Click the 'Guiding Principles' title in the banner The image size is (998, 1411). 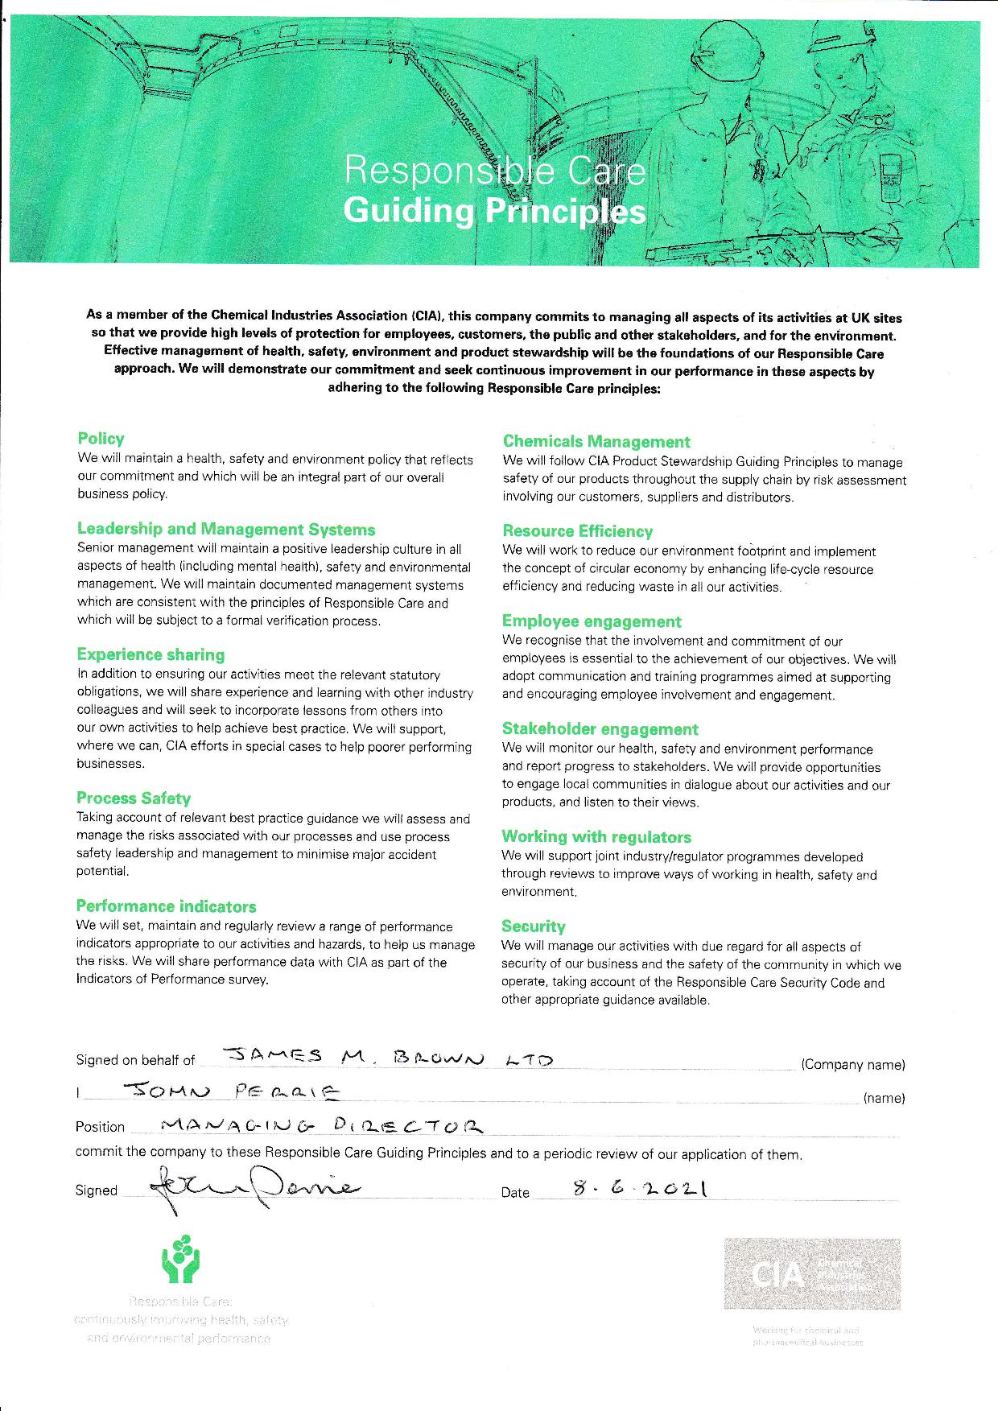point(494,211)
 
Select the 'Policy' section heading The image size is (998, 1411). point(101,439)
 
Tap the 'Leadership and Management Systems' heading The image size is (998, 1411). point(226,530)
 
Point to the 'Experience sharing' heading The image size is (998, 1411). point(151,655)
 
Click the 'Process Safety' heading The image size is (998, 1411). point(134,798)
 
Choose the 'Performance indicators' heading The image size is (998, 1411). point(166,906)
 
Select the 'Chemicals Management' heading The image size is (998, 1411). point(596,442)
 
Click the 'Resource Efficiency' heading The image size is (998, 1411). point(577,531)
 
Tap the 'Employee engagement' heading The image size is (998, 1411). point(592,621)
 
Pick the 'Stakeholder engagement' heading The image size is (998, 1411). point(600,729)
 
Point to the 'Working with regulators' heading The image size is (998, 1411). point(596,837)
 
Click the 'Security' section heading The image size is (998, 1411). point(533,926)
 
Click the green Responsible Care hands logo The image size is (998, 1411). point(180,1260)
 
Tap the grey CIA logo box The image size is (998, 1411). point(811,1274)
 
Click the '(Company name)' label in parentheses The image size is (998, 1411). point(853,1065)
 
